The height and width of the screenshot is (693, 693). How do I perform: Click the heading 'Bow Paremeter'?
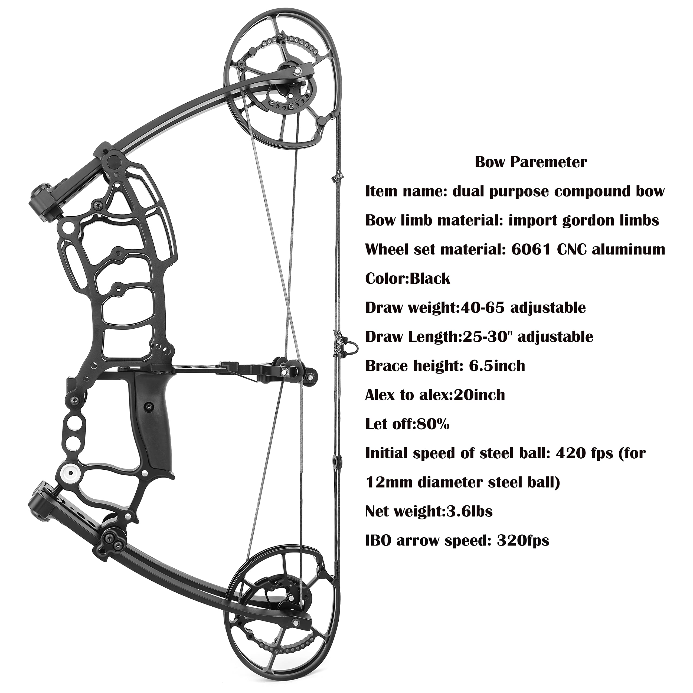[531, 162]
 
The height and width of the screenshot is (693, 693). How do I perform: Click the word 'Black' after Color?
[430, 278]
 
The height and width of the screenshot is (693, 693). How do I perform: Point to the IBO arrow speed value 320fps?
[523, 541]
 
